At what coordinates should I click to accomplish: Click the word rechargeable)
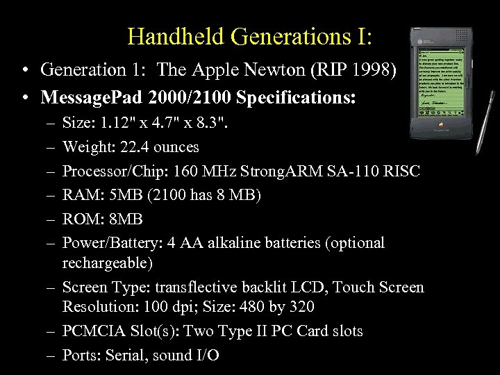108,263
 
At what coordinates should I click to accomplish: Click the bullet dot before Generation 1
25,71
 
